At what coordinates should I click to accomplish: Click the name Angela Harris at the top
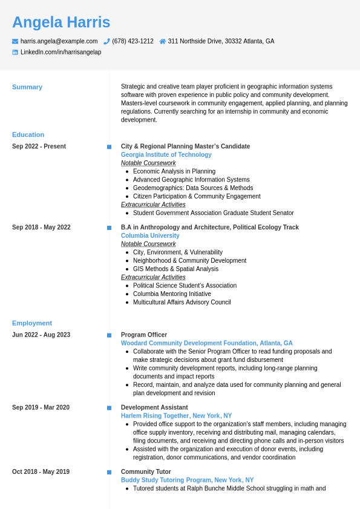click(x=61, y=22)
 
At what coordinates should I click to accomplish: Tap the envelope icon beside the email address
click(x=15, y=41)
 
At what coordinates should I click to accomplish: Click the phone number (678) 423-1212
click(x=133, y=41)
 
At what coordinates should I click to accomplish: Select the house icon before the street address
click(x=163, y=41)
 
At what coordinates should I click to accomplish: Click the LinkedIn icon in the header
click(x=15, y=53)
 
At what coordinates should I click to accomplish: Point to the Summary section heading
click(x=27, y=87)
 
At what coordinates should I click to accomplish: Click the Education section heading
click(x=28, y=135)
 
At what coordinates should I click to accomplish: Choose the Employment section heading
click(x=32, y=323)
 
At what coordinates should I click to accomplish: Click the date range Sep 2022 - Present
click(x=39, y=146)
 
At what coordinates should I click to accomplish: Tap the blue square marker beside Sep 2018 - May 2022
click(x=109, y=228)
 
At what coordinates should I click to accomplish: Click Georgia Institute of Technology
click(x=166, y=155)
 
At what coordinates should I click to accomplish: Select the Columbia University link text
click(x=150, y=236)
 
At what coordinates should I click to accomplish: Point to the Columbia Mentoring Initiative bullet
click(x=172, y=294)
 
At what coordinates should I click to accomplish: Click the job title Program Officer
click(x=144, y=335)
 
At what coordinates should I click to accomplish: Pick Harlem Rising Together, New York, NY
click(x=176, y=416)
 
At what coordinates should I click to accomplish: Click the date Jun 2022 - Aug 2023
click(x=41, y=335)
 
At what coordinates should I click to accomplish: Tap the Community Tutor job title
click(x=146, y=472)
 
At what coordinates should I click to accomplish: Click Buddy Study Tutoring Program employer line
click(x=187, y=481)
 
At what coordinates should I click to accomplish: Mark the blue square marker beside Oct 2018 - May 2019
click(x=109, y=472)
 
